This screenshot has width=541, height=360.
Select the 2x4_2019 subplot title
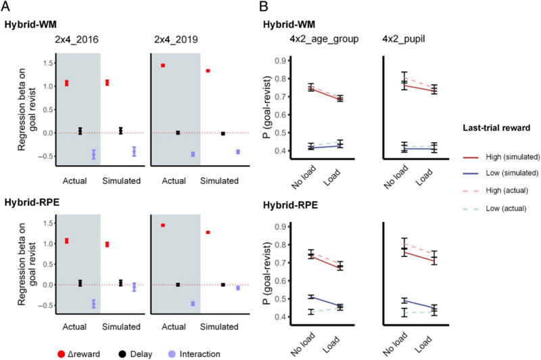tap(174, 40)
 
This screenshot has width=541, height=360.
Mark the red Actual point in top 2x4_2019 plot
tap(163, 66)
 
